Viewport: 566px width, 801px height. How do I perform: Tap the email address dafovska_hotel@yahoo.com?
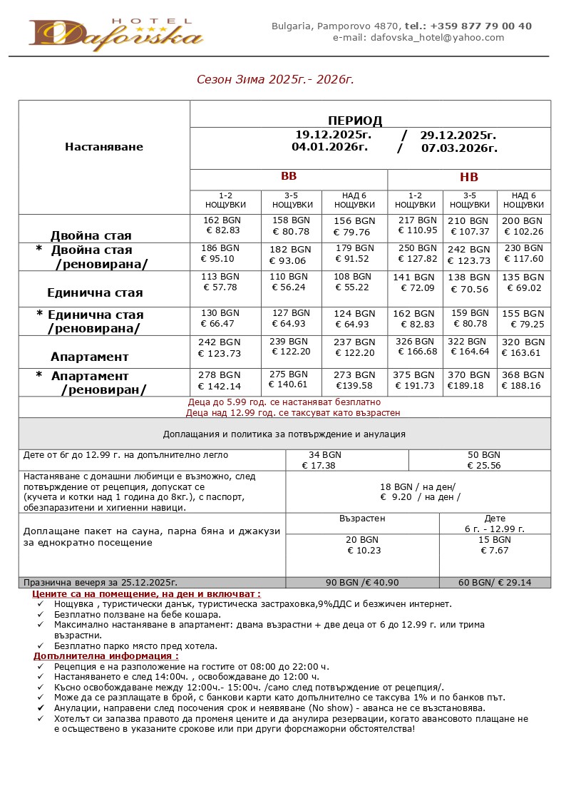click(x=418, y=38)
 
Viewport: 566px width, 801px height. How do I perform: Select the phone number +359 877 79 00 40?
click(x=480, y=26)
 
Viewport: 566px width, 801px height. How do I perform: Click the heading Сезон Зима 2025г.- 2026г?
click(x=275, y=79)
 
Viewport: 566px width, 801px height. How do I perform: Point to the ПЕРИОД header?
click(x=355, y=121)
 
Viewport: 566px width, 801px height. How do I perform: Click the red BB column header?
click(x=288, y=176)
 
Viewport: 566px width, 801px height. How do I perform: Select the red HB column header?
click(x=468, y=177)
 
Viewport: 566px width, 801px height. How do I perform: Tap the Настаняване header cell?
click(x=104, y=147)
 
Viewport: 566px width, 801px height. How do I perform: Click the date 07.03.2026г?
click(x=459, y=148)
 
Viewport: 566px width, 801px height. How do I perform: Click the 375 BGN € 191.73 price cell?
click(x=415, y=380)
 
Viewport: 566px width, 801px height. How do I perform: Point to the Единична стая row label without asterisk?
click(x=95, y=292)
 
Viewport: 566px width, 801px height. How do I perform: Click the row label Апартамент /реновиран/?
click(x=97, y=383)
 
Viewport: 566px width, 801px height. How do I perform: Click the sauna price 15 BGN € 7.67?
click(x=495, y=546)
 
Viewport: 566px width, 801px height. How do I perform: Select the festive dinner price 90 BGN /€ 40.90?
click(x=362, y=583)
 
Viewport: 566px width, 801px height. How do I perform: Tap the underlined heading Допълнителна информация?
click(x=106, y=655)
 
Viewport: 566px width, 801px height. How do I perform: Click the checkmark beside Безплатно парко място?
click(x=41, y=646)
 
